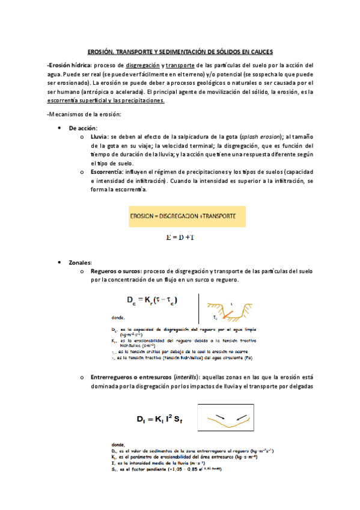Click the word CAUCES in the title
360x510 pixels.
pos(261,52)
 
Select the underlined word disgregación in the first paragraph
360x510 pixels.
pos(141,65)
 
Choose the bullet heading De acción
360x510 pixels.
pos(84,128)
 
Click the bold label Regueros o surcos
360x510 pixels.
pos(117,271)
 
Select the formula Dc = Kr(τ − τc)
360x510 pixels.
pos(151,299)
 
